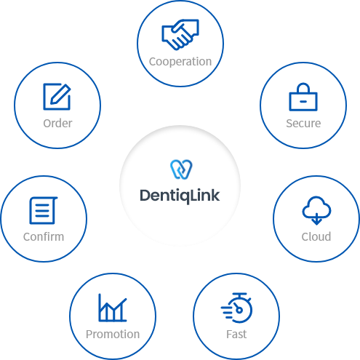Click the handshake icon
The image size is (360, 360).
180,35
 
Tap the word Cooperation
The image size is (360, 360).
180,62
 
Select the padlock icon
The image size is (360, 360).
303,97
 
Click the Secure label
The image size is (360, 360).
303,123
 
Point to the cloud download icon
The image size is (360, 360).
316,210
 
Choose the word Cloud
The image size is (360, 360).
316,236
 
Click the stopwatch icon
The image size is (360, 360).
236,308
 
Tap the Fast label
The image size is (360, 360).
236,334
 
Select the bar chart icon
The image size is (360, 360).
113,308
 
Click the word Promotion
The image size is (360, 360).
113,334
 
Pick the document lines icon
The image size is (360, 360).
43,210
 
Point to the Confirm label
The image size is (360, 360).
44,236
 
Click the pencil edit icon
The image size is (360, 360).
57,97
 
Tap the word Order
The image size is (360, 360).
57,123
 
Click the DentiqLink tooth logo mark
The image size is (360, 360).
181,169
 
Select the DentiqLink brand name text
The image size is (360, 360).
180,196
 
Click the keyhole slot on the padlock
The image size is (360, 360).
303,102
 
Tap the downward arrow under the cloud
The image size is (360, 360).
316,219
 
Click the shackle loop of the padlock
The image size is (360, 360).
303,84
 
